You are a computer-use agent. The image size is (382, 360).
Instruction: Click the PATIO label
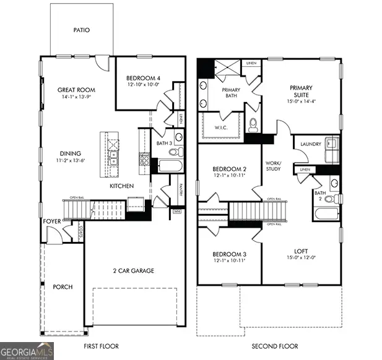point(81,30)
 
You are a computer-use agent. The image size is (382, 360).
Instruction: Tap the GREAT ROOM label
point(76,90)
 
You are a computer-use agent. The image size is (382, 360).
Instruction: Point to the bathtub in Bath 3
point(169,166)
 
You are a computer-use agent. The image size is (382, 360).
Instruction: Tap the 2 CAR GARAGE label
point(133,270)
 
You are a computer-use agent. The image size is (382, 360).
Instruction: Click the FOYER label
point(52,221)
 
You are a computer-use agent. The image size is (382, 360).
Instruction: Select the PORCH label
point(62,287)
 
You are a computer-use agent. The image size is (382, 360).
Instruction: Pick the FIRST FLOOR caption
point(101,346)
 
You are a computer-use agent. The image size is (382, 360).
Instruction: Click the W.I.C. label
point(222,128)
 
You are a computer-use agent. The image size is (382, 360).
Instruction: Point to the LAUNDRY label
point(310,144)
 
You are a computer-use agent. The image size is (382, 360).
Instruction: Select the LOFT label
point(300,251)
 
